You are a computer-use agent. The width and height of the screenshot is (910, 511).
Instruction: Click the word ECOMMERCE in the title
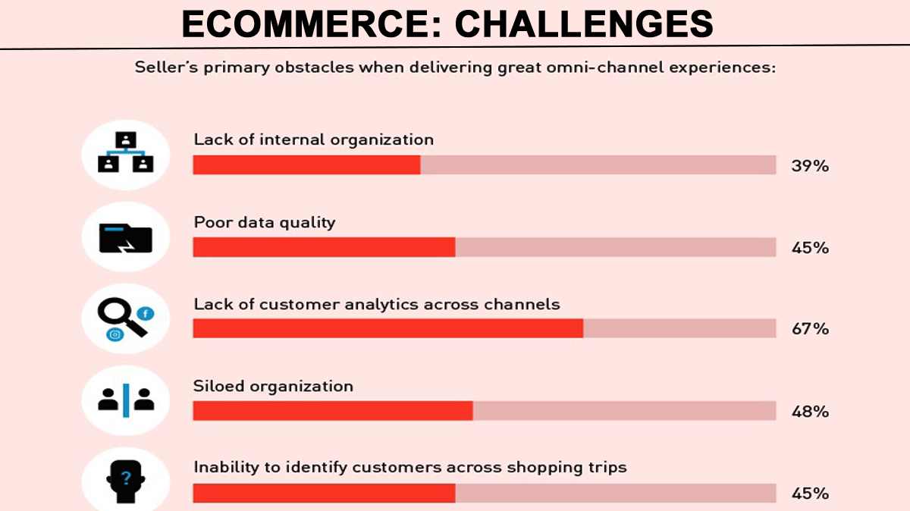(x=311, y=24)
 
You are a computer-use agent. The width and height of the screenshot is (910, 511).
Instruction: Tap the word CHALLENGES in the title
(x=584, y=24)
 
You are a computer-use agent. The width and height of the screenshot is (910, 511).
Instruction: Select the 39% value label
(x=810, y=166)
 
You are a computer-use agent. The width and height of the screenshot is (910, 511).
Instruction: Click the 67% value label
(x=810, y=328)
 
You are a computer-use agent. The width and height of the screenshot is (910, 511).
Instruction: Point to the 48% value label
(x=810, y=412)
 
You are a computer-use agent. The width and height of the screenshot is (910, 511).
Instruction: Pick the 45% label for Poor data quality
(x=810, y=247)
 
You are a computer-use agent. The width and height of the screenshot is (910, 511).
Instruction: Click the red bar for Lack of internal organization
(x=306, y=165)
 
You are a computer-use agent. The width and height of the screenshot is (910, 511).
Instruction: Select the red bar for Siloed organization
(x=333, y=411)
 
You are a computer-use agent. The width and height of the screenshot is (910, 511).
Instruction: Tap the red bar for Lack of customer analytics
(x=388, y=328)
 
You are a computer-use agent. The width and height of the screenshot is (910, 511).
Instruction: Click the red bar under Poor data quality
(x=325, y=247)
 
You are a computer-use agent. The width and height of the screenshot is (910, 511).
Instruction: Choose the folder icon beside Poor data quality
(x=126, y=238)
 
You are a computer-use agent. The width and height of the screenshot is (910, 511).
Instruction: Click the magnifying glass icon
(x=120, y=315)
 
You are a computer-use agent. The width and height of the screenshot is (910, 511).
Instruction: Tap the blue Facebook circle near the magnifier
(x=146, y=314)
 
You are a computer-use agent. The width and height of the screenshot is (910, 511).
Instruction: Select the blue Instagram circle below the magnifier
(x=115, y=334)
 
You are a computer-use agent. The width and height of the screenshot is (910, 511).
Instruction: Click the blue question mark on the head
(x=126, y=478)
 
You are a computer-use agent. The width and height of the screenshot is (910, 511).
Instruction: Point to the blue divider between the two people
(x=126, y=400)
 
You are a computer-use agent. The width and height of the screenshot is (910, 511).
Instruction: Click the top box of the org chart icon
(x=126, y=140)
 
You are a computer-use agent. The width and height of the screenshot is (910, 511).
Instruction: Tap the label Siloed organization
(x=273, y=386)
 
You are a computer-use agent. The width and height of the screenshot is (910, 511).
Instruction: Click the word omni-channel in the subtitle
(x=604, y=67)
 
